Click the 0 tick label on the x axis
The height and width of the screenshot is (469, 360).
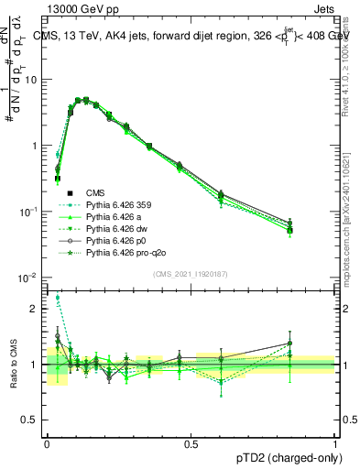[x=47, y=443]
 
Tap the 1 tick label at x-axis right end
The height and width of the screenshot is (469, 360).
[x=334, y=443]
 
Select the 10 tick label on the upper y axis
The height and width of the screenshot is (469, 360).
[x=33, y=79]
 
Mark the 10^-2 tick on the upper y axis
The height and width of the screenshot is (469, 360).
[x=31, y=278]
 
